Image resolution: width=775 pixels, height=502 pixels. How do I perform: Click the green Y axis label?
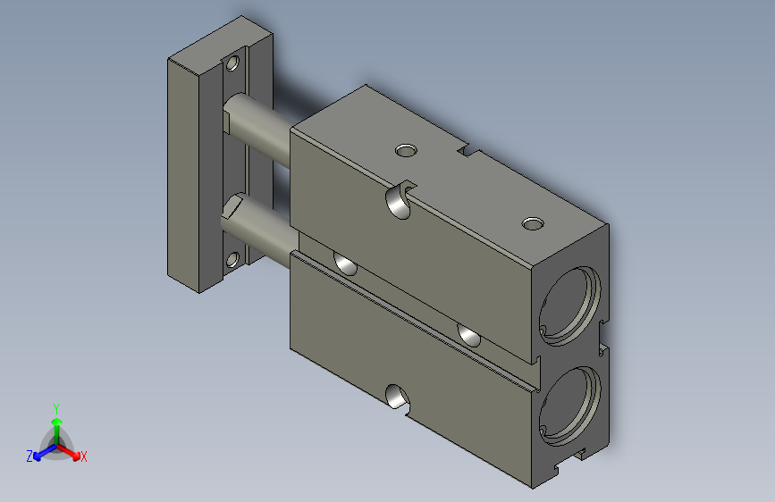click(x=56, y=409)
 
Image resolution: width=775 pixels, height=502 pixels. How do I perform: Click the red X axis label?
click(x=83, y=456)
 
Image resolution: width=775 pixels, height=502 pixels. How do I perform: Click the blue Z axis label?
click(x=29, y=456)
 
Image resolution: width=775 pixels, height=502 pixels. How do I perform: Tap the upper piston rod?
click(x=258, y=128)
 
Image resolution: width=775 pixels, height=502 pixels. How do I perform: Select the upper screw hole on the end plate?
click(x=232, y=63)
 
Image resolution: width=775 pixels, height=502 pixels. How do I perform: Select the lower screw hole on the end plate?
click(x=232, y=260)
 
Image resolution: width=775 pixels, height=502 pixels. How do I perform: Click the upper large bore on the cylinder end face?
click(x=570, y=305)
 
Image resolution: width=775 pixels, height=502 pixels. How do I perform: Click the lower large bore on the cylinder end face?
click(x=570, y=406)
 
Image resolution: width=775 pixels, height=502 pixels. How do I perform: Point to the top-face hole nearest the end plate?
click(x=407, y=150)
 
